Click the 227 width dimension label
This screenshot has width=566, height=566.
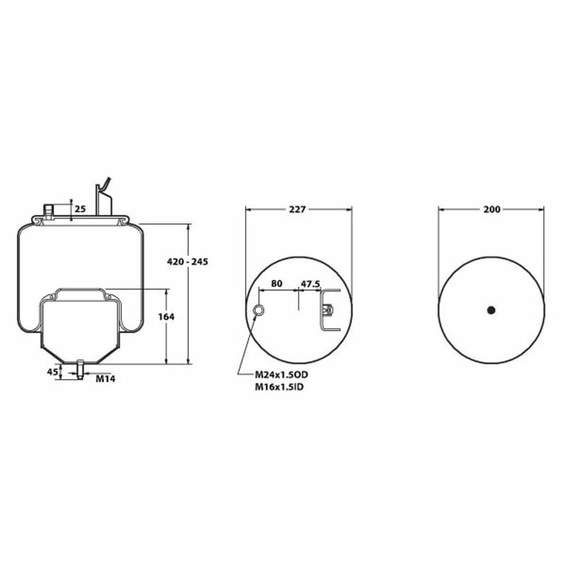click(297, 209)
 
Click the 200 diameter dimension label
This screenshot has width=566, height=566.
click(492, 209)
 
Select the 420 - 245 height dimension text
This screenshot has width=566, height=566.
click(187, 262)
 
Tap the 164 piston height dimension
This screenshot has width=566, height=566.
click(166, 316)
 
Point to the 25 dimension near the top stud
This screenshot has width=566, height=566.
click(81, 209)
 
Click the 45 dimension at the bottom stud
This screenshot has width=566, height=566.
click(52, 372)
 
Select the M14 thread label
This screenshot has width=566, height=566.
click(105, 379)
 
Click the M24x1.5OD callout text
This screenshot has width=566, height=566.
click(282, 375)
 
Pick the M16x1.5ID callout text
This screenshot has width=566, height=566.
click(279, 387)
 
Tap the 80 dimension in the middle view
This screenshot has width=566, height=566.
click(277, 284)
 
